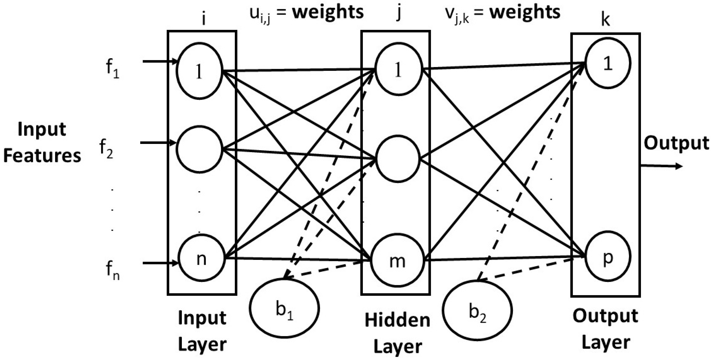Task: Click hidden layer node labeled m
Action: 397,261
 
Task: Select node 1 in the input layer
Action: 199,71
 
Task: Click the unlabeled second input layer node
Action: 199,149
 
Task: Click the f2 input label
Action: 106,150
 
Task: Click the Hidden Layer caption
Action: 397,333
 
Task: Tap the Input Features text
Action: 42,142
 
